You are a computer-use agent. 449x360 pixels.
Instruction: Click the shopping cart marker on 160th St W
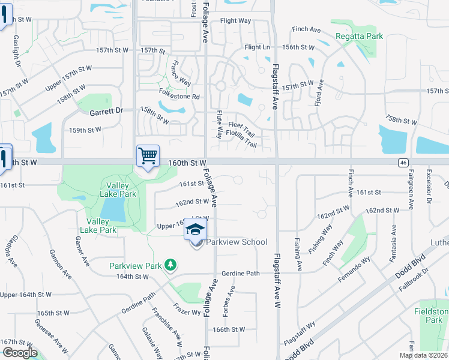point(148,157)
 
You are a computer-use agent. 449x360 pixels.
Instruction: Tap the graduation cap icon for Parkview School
point(196,229)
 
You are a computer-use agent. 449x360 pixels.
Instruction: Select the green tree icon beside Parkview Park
point(171,265)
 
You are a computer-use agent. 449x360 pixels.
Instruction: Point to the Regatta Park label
point(360,37)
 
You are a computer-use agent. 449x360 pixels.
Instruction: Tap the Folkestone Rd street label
point(178,96)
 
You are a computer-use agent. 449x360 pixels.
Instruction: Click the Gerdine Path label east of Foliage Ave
point(240,273)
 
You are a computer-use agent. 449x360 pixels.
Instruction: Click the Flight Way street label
point(235,21)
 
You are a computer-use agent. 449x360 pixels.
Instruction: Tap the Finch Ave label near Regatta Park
point(306,29)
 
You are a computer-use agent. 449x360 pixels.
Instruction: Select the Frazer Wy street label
point(187,313)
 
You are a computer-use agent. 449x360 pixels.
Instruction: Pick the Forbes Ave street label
point(228,304)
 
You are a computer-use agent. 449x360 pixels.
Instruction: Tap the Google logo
point(19,353)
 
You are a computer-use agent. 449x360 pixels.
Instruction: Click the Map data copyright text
point(423,355)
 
